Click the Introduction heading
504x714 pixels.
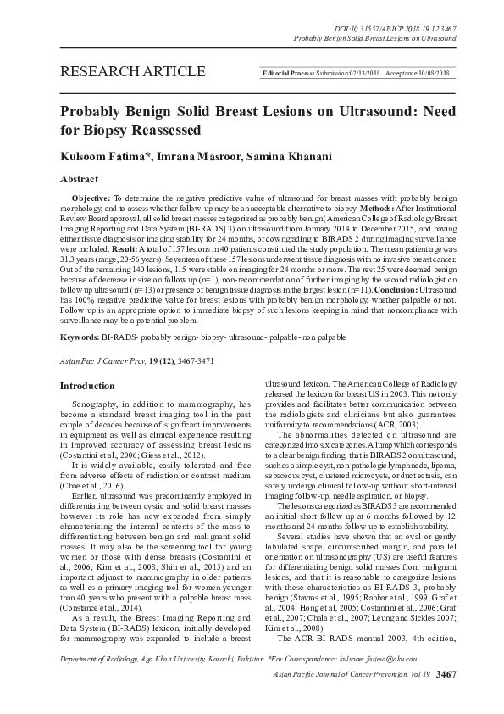pos(86,386)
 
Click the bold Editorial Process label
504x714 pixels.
pos(288,75)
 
